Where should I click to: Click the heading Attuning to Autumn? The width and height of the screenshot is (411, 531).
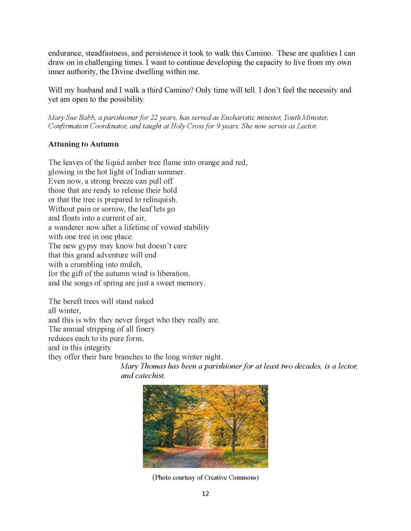(x=78, y=144)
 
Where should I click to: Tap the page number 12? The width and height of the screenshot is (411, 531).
(x=205, y=494)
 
